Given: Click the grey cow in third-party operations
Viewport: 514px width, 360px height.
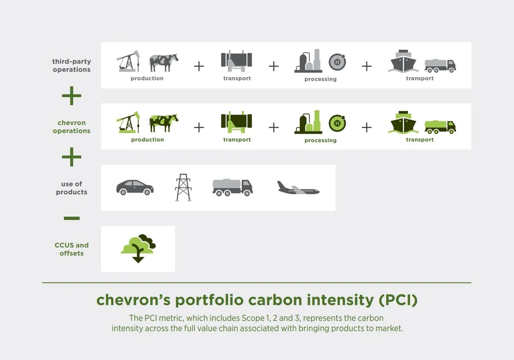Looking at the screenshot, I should [163, 63].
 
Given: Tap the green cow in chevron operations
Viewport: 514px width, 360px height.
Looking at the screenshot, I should [163, 123].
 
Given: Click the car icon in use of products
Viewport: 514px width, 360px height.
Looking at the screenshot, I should [135, 187].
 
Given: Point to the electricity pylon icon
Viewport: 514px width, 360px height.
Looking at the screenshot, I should [183, 187].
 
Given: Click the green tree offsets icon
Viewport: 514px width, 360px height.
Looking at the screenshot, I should [138, 248].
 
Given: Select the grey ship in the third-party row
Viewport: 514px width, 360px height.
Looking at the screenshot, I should [404, 62].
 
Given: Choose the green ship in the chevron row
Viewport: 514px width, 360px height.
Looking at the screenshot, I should [404, 123].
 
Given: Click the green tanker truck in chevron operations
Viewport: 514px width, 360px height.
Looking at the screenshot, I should [440, 126].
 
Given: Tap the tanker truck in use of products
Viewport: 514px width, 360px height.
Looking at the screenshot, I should [232, 187].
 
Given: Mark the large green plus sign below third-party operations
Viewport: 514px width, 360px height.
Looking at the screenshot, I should [71, 96].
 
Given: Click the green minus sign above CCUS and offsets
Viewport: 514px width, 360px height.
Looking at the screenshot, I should [71, 218].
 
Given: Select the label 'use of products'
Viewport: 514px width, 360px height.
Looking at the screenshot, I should [71, 188].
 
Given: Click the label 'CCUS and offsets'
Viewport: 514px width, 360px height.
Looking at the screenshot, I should [71, 249].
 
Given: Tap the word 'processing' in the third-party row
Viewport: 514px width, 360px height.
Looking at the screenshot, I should [320, 79].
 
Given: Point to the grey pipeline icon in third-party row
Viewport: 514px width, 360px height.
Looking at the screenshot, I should [236, 62].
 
